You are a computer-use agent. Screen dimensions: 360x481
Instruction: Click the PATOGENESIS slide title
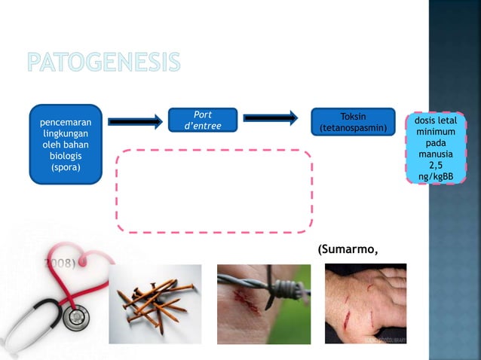(x=104, y=63)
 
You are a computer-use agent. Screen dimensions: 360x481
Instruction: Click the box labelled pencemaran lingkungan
(x=66, y=144)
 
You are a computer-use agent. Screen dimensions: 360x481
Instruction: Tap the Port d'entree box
(x=202, y=121)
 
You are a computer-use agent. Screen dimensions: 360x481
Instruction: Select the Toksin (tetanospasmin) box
(x=353, y=123)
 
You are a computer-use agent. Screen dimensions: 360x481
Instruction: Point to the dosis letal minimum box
(x=436, y=148)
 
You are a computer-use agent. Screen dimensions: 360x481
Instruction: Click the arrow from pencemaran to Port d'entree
(x=135, y=121)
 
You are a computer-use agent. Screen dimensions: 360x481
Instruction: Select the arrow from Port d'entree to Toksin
(x=271, y=117)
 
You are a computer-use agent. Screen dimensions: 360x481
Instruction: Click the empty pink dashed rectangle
(x=214, y=191)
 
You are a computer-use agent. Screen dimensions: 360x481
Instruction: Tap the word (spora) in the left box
(x=66, y=167)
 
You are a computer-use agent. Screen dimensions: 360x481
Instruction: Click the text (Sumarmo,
(x=347, y=250)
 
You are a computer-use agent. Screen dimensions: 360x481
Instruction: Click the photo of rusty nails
(x=155, y=304)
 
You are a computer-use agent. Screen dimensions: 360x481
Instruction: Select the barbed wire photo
(x=263, y=304)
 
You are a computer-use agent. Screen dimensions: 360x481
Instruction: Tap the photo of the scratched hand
(x=365, y=304)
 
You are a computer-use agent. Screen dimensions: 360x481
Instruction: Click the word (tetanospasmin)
(x=353, y=129)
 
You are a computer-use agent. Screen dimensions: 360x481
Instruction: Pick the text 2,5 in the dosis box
(x=436, y=166)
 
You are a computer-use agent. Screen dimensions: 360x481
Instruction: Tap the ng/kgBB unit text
(x=436, y=177)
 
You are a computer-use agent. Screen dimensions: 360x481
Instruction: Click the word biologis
(x=66, y=156)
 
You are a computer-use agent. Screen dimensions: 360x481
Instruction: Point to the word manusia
(x=436, y=154)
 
